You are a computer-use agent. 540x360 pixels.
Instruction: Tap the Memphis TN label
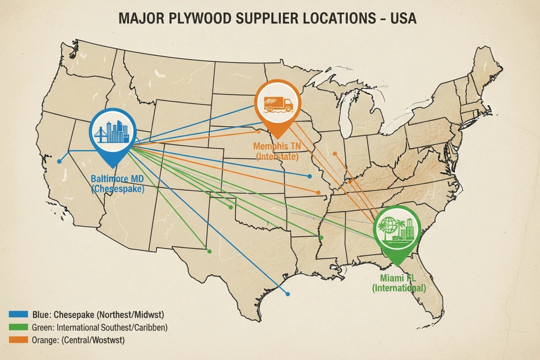pyautogui.click(x=277, y=146)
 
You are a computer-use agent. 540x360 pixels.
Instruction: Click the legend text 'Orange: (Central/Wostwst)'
pyautogui.click(x=78, y=340)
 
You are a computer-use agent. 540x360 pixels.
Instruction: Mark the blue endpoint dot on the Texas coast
pyautogui.click(x=288, y=294)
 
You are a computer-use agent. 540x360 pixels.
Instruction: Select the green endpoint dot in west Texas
pyautogui.click(x=209, y=251)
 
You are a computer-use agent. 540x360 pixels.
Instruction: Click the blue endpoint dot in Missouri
pyautogui.click(x=309, y=176)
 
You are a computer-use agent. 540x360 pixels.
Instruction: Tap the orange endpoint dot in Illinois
pyautogui.click(x=334, y=154)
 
